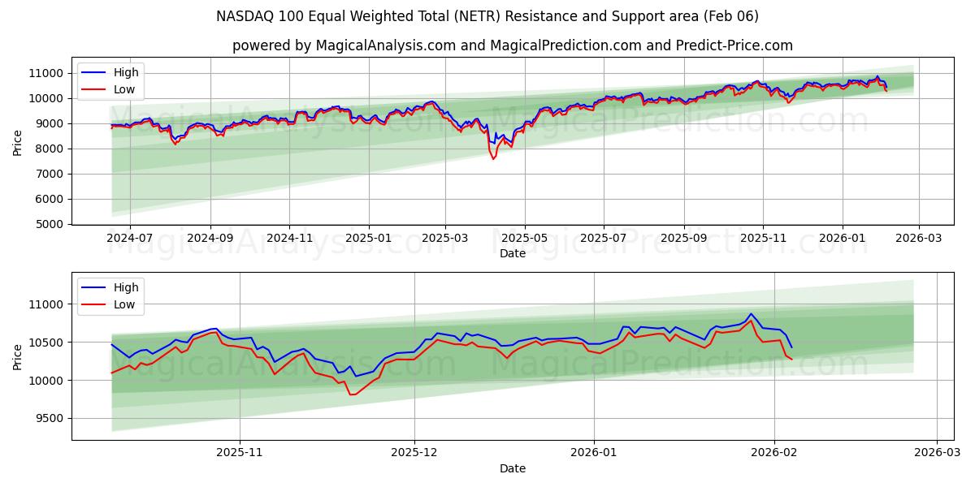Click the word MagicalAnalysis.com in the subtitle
point(385,45)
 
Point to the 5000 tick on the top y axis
point(50,224)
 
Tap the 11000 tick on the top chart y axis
point(46,73)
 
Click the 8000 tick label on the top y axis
point(50,149)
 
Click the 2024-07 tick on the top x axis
point(130,238)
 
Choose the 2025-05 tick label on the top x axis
point(524,238)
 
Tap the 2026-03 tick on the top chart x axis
point(919,238)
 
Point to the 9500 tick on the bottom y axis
point(50,419)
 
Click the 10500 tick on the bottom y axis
point(46,343)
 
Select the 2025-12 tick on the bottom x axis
point(414,453)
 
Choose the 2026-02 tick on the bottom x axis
point(773,453)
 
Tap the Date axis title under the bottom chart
point(512,468)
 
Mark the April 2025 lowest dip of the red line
point(493,159)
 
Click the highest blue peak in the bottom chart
point(751,314)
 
